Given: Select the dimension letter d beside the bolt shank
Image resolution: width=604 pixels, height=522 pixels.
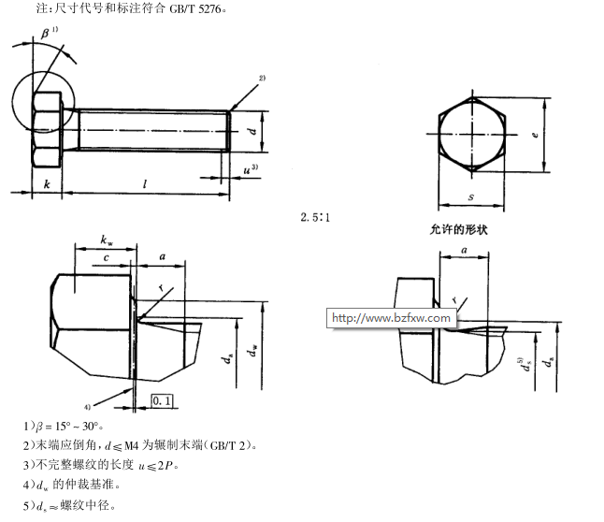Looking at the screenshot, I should [x=252, y=131].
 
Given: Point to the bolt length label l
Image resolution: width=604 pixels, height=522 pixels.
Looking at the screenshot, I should [x=145, y=185].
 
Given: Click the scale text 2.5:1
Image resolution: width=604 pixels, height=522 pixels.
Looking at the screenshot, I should [x=318, y=217].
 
